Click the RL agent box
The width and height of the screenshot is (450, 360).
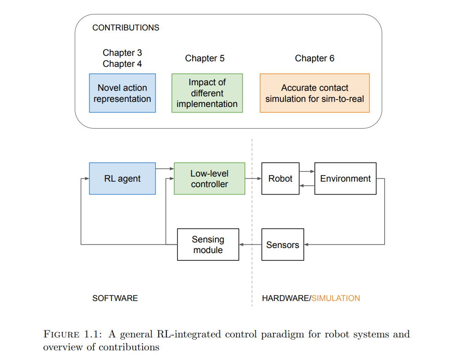tap(122, 178)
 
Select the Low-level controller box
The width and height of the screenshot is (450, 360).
tap(209, 178)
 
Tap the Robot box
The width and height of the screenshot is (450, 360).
tap(280, 178)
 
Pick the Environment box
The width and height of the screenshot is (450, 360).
tap(345, 178)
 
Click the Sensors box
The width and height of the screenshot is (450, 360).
tap(283, 244)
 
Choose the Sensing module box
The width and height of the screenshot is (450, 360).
tap(208, 244)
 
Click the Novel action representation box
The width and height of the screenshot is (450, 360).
tap(122, 93)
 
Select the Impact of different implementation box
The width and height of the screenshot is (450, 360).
tap(207, 93)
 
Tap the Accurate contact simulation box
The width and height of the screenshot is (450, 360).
tap(314, 93)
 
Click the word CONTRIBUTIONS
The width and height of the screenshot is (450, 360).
tap(126, 28)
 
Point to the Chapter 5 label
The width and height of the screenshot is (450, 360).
tap(205, 58)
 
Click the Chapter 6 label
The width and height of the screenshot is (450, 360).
tap(314, 58)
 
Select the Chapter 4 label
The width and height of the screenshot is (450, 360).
tap(122, 64)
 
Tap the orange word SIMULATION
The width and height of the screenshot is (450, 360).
tap(336, 298)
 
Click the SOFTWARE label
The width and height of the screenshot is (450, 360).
tap(115, 298)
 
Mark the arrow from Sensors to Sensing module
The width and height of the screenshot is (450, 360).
tap(250, 244)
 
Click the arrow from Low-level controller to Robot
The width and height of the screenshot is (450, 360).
tap(254, 178)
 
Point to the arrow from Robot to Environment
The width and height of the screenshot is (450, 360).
tap(307, 171)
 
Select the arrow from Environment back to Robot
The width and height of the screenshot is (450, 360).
tap(307, 186)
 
